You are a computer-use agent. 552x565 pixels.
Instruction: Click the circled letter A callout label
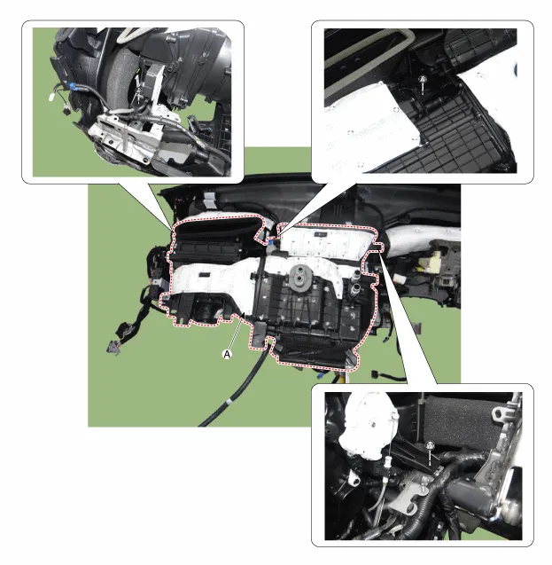(227, 354)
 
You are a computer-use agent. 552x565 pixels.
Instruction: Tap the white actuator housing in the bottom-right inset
(366, 426)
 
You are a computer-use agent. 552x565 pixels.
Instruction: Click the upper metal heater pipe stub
(355, 275)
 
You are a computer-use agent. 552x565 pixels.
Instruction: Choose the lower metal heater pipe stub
(354, 288)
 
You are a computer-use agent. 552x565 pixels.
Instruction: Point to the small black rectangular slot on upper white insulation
(320, 234)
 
